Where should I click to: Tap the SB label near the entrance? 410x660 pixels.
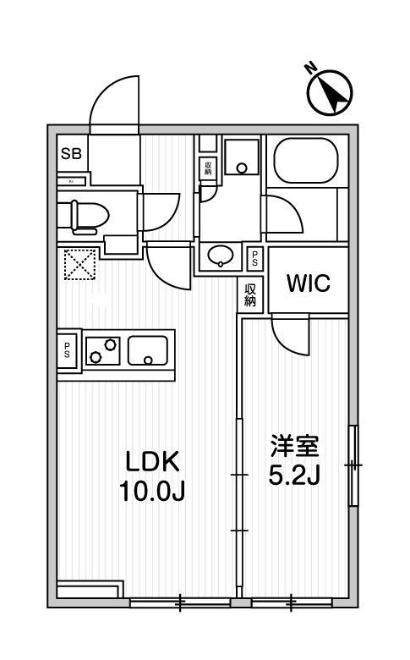[71, 154]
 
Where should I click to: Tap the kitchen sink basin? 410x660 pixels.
[148, 350]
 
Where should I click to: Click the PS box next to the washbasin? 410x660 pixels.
[254, 256]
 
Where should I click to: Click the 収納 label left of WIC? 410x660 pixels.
[250, 294]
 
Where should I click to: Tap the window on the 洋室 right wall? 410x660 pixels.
[353, 465]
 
